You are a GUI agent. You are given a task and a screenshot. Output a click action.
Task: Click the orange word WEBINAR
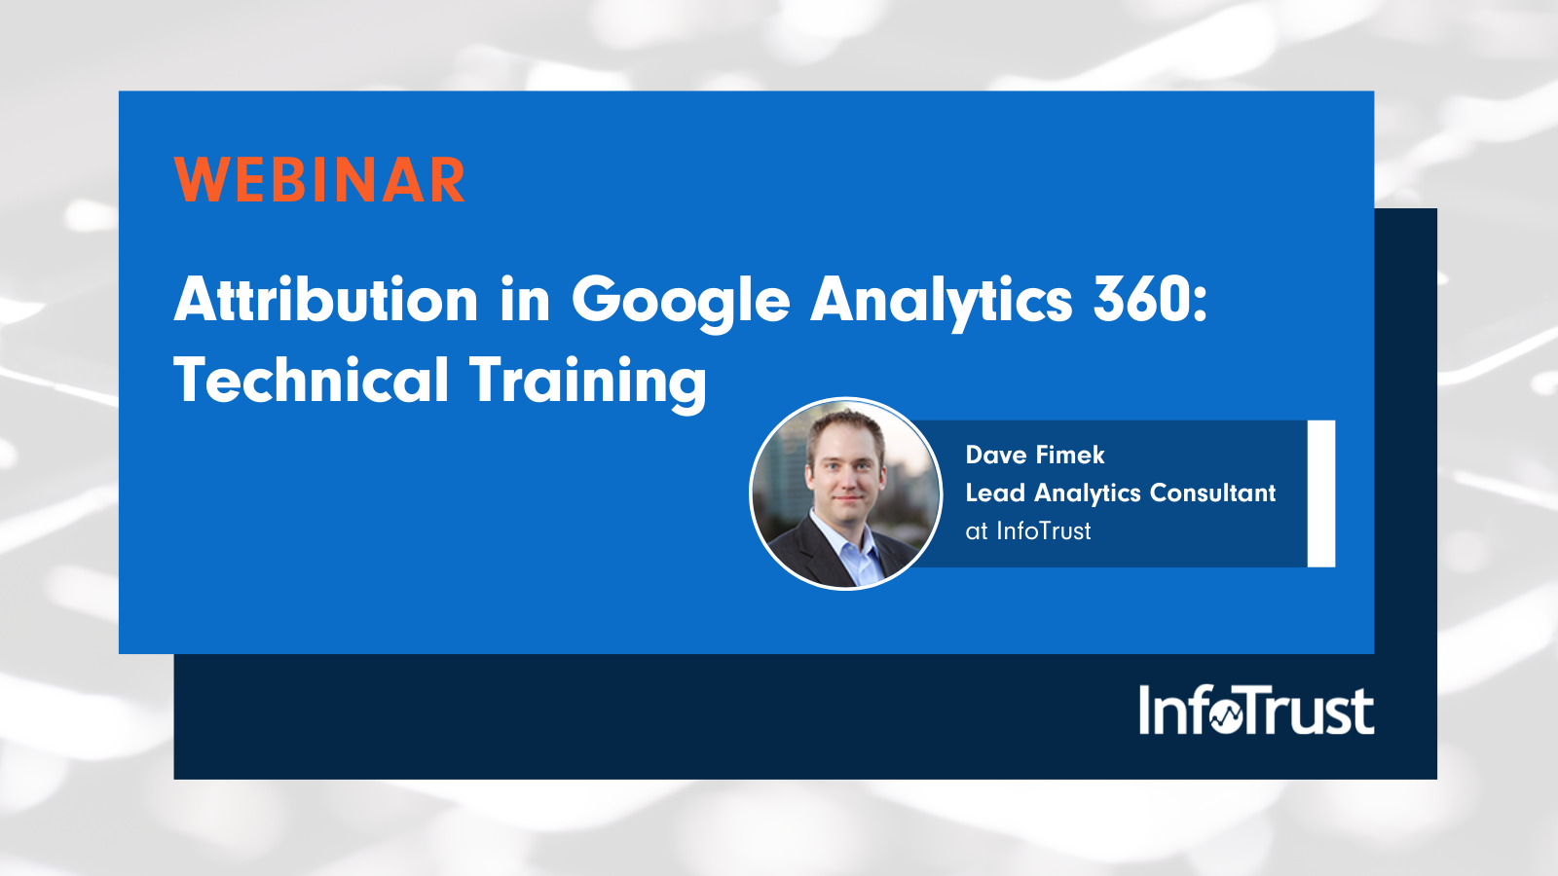point(320,180)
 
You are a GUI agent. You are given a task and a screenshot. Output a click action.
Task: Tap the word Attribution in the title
point(326,299)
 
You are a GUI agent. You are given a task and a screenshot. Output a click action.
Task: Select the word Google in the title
point(680,300)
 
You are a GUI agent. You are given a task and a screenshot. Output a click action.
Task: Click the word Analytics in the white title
point(941,300)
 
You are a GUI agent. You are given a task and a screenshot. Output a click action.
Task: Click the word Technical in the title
point(311,380)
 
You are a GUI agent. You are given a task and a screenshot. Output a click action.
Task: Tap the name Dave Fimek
point(1035,455)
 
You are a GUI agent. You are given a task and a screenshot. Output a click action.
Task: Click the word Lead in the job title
point(994,493)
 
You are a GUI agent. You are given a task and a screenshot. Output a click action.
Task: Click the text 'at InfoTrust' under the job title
point(1028,530)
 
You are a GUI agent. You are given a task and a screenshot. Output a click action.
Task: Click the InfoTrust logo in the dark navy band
point(1256,711)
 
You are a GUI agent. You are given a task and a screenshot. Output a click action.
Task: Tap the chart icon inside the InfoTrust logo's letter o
point(1227,716)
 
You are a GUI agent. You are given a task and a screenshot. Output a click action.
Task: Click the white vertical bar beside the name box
point(1321,493)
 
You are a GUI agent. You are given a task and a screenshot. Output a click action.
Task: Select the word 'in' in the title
point(525,299)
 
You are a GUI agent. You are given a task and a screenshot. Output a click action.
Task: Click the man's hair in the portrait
point(845,426)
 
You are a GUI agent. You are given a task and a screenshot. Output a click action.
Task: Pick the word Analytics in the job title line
point(1087,493)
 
